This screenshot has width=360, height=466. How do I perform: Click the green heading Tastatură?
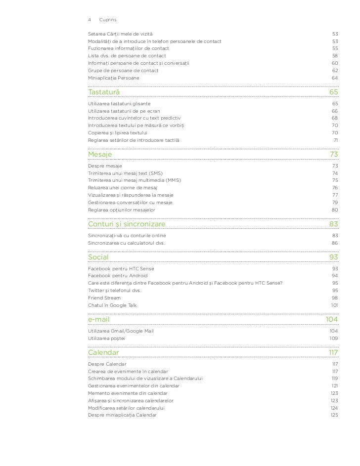point(103,92)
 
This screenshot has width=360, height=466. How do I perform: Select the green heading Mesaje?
point(100,155)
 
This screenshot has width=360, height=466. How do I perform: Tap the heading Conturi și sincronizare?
point(127,224)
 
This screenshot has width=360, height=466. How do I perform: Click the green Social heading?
point(98,257)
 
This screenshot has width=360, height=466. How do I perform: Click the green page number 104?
point(331,320)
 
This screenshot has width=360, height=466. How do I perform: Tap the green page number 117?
point(333,352)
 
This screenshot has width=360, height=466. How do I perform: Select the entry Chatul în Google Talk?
point(112,305)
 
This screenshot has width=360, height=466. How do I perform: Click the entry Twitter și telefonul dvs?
point(114,291)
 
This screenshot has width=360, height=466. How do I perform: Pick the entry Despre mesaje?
point(105,166)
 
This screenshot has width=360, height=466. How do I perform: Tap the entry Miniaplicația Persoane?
point(113,78)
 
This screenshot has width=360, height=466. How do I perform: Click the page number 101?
point(334,305)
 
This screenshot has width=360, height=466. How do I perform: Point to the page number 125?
point(334,415)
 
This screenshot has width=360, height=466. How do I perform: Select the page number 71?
point(335,140)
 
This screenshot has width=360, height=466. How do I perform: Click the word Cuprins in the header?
point(107,20)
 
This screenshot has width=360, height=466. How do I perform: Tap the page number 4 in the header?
point(90,20)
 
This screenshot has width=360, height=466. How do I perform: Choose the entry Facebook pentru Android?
point(118,276)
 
